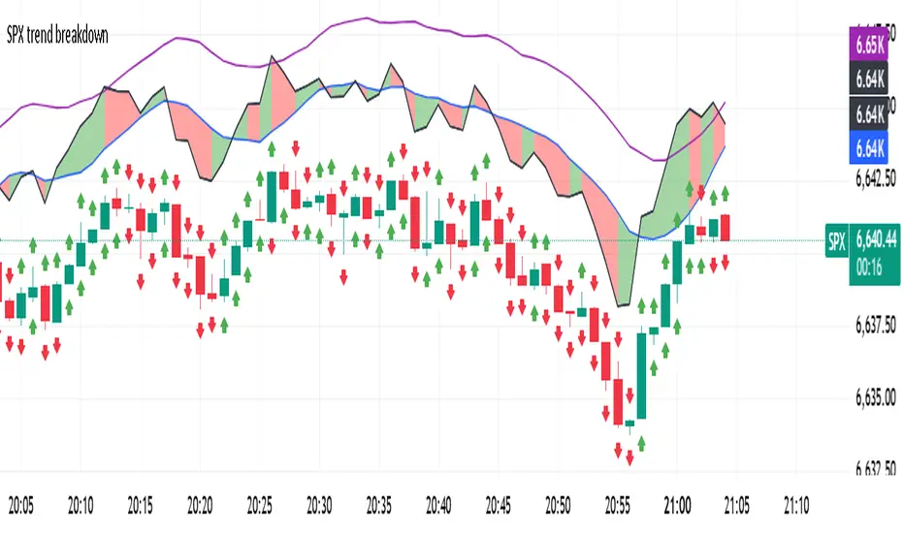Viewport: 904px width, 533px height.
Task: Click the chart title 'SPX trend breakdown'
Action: pos(57,36)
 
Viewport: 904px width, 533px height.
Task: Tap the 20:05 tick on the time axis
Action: pos(20,505)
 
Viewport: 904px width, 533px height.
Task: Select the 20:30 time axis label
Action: pos(319,505)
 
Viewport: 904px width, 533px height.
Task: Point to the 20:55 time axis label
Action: pos(618,505)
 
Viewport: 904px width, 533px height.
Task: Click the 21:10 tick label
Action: pos(797,505)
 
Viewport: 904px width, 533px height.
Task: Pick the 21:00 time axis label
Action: pos(678,505)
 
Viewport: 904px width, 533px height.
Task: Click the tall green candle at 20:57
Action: pos(642,374)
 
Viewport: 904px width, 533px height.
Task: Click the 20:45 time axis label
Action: pos(499,505)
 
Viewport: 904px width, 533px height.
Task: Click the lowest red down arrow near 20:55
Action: pos(618,451)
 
